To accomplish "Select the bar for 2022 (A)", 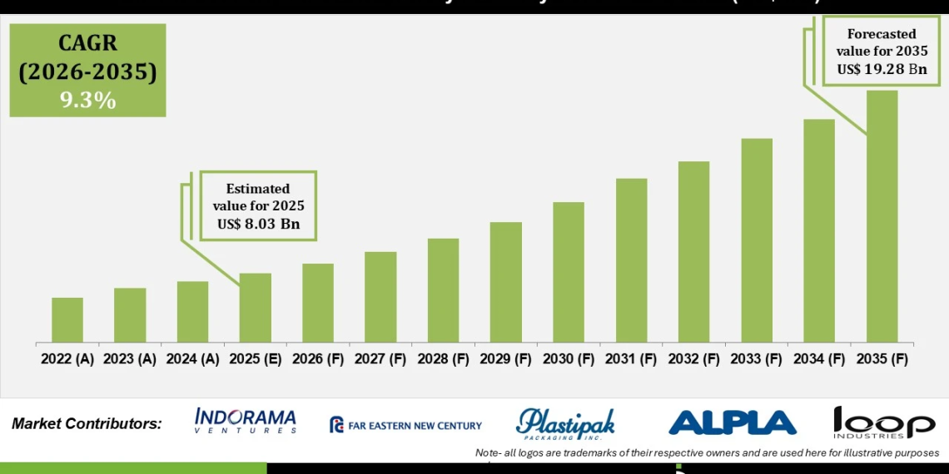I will tap(67, 320).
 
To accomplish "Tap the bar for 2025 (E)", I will tap(255, 308).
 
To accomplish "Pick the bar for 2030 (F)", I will tap(569, 272).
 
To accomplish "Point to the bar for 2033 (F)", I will tap(757, 240).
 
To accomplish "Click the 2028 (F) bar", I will tap(443, 290).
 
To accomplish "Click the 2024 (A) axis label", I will tap(192, 359).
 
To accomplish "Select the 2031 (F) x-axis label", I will tap(631, 359).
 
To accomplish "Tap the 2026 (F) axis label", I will tap(318, 359).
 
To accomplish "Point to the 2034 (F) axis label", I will tap(819, 359).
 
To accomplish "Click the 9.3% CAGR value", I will tap(87, 100).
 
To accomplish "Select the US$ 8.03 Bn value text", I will tap(258, 224).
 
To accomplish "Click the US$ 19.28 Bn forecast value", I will tap(882, 69).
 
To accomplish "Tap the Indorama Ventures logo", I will tap(246, 422).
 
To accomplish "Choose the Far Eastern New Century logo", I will tap(405, 425).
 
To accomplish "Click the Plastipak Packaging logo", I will tap(565, 423).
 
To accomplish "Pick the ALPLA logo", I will tap(732, 423).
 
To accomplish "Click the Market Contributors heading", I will tap(87, 424).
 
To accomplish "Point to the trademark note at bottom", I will tap(707, 453).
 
